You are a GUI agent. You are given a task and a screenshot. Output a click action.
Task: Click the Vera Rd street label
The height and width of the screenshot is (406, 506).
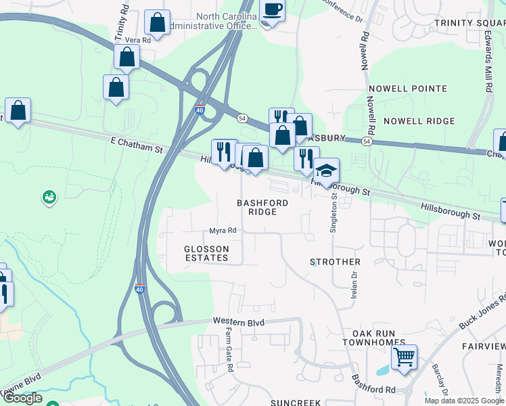(x=137, y=41)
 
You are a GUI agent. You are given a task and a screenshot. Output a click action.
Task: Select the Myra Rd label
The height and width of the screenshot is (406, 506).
(x=223, y=231)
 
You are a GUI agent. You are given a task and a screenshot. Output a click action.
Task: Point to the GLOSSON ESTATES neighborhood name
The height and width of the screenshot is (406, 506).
(x=207, y=253)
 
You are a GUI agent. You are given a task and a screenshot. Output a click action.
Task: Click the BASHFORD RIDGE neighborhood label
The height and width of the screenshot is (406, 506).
(x=262, y=207)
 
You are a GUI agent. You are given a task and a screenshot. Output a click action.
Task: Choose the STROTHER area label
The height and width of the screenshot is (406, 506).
(x=335, y=261)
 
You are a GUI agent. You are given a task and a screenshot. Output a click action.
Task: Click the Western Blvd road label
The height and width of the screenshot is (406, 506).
(x=237, y=321)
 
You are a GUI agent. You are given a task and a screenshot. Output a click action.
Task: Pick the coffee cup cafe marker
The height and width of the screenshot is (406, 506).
(x=272, y=9)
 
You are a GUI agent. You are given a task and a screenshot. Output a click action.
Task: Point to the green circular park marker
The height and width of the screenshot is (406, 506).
(x=49, y=197)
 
